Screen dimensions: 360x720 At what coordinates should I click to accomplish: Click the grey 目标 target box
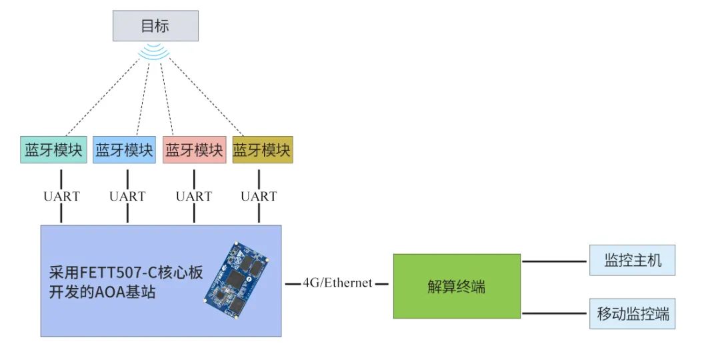click(155, 26)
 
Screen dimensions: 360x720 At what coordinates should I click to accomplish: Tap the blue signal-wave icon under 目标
click(155, 52)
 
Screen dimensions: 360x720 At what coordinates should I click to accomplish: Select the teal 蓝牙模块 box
click(54, 150)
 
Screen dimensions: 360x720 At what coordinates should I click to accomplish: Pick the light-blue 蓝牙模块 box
click(124, 150)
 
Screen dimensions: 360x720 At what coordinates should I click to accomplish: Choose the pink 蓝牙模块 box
click(194, 150)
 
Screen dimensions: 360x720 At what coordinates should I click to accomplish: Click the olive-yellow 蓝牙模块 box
click(262, 150)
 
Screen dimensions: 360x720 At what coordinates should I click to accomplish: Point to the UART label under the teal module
click(61, 196)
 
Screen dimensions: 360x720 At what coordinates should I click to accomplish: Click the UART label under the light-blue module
click(127, 196)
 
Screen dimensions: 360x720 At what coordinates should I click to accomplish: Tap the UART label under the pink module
click(194, 196)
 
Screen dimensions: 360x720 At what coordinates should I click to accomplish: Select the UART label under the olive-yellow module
click(259, 196)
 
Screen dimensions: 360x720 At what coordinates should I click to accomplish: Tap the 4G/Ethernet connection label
click(337, 283)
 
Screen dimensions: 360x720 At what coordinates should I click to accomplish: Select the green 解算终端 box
click(457, 286)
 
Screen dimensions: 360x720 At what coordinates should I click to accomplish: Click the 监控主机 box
click(633, 260)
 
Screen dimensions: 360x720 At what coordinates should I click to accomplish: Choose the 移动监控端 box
click(633, 313)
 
